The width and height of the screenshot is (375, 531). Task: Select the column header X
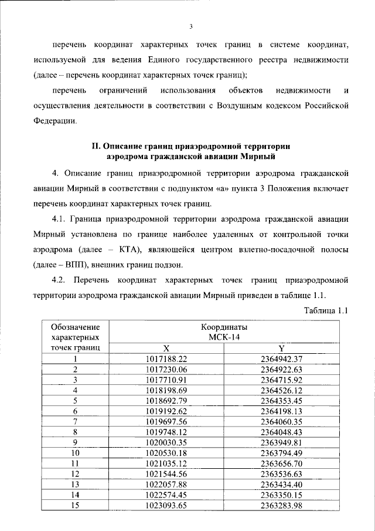tap(166, 347)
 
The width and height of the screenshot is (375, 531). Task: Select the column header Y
tap(281, 347)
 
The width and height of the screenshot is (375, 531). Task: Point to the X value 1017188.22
tap(166, 358)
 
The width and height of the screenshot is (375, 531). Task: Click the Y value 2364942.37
tap(281, 358)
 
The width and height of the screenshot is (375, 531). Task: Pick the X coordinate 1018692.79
tap(166, 401)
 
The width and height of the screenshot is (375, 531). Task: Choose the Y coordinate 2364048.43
tap(281, 432)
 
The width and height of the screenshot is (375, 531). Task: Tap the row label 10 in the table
tap(75, 454)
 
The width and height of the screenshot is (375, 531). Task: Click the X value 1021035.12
tap(166, 464)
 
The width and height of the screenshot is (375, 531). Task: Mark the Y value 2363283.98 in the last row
tap(281, 506)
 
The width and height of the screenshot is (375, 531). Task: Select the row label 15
tap(75, 506)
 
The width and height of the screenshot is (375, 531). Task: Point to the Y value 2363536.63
tap(281, 475)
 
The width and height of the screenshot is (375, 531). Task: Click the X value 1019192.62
tap(166, 411)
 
